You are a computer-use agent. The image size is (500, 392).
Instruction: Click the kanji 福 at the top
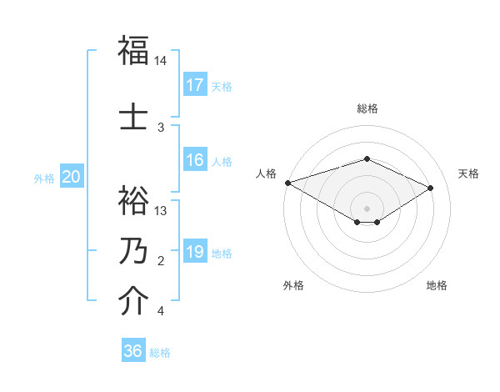133,50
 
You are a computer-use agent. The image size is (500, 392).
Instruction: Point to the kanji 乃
133,251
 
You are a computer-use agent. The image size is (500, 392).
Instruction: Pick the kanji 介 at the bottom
133,302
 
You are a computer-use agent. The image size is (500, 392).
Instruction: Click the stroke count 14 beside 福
161,61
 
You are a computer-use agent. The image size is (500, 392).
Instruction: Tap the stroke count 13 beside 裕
161,211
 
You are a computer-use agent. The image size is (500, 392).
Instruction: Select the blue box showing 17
195,84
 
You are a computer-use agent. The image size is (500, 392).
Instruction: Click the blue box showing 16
195,160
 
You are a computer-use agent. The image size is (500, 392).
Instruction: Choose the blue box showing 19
195,252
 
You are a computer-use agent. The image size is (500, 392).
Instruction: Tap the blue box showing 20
72,177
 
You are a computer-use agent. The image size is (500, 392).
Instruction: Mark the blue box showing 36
133,351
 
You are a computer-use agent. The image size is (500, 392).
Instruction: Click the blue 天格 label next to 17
222,86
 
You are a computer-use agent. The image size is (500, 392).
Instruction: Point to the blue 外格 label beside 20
43,178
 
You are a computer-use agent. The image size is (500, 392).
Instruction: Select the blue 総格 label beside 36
160,353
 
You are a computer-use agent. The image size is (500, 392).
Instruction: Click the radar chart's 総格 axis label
367,108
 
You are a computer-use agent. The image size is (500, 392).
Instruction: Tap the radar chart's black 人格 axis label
267,173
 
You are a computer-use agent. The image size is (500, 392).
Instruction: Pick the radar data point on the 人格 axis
287,183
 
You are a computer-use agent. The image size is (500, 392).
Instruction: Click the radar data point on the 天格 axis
431,188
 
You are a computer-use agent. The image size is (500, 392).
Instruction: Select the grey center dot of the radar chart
367,208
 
